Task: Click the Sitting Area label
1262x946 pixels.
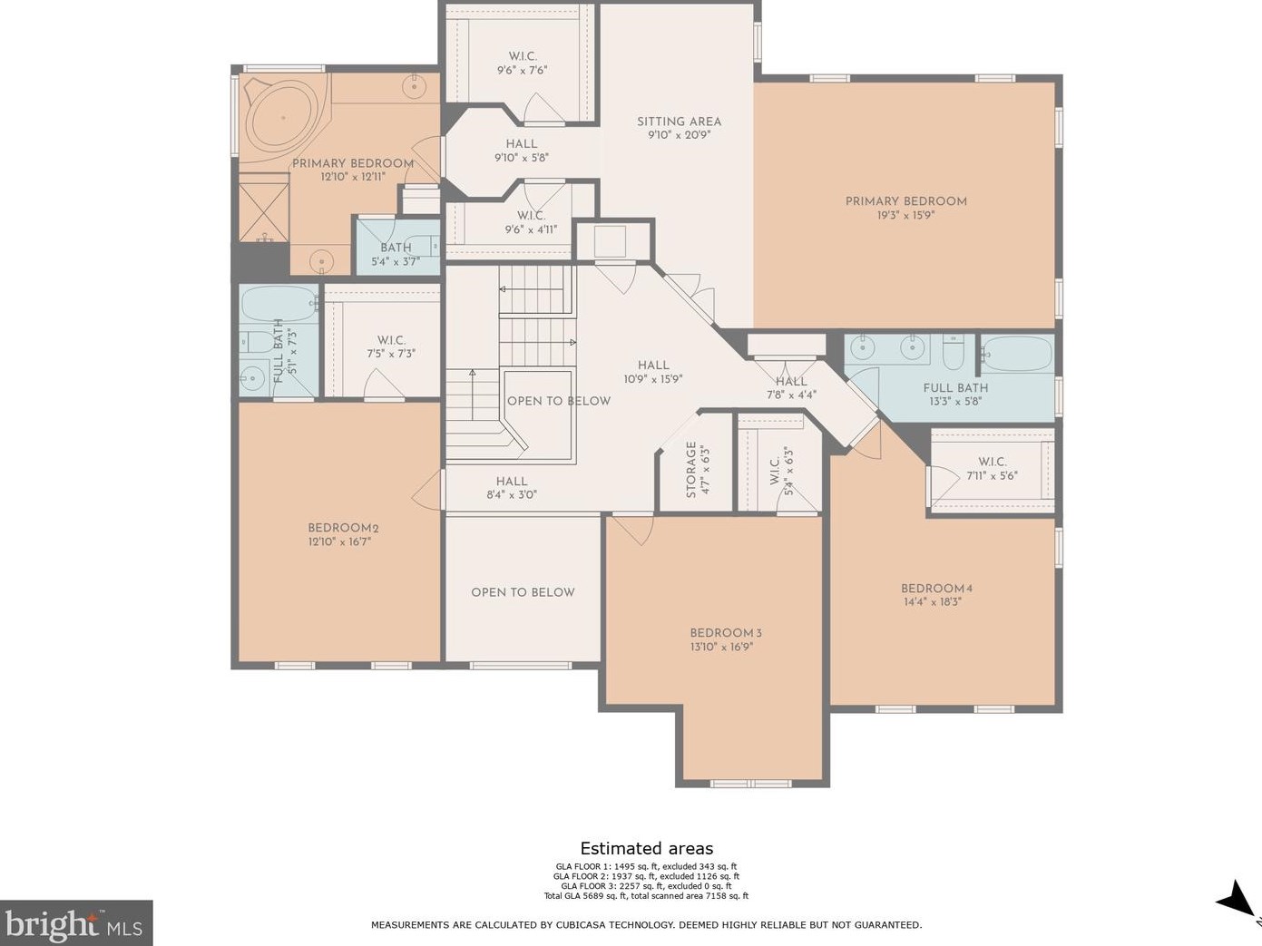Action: point(679,122)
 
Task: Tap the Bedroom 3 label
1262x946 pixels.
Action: point(726,633)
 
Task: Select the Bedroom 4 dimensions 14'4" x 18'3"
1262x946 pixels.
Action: point(933,602)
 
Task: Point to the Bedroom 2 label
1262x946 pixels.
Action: point(343,528)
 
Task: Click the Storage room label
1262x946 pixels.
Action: point(691,470)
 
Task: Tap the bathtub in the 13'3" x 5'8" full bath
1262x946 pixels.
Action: point(1018,353)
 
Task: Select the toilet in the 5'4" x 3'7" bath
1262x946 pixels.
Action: point(422,246)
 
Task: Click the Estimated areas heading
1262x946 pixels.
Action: point(646,848)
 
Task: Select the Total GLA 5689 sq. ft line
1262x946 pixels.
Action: point(646,895)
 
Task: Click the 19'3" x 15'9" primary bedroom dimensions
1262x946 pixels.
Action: point(905,216)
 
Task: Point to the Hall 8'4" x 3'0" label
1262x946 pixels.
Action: point(512,488)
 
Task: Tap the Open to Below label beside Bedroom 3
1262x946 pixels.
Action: point(523,592)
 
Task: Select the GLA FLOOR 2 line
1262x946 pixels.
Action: point(646,876)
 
